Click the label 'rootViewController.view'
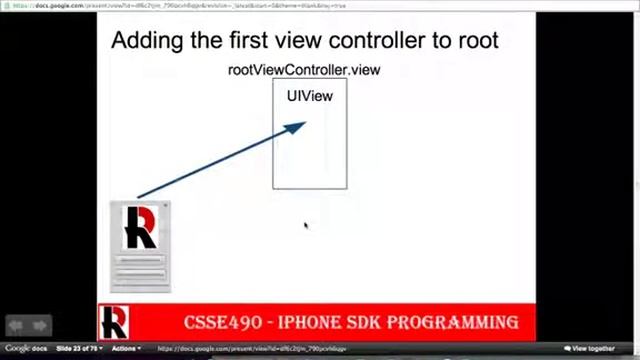(303, 70)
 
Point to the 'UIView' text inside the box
(309, 96)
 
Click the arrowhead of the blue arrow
(297, 127)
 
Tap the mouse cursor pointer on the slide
(305, 226)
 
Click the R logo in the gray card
(139, 228)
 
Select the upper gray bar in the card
(140, 262)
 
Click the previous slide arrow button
(16, 325)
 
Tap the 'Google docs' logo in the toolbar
(24, 349)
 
